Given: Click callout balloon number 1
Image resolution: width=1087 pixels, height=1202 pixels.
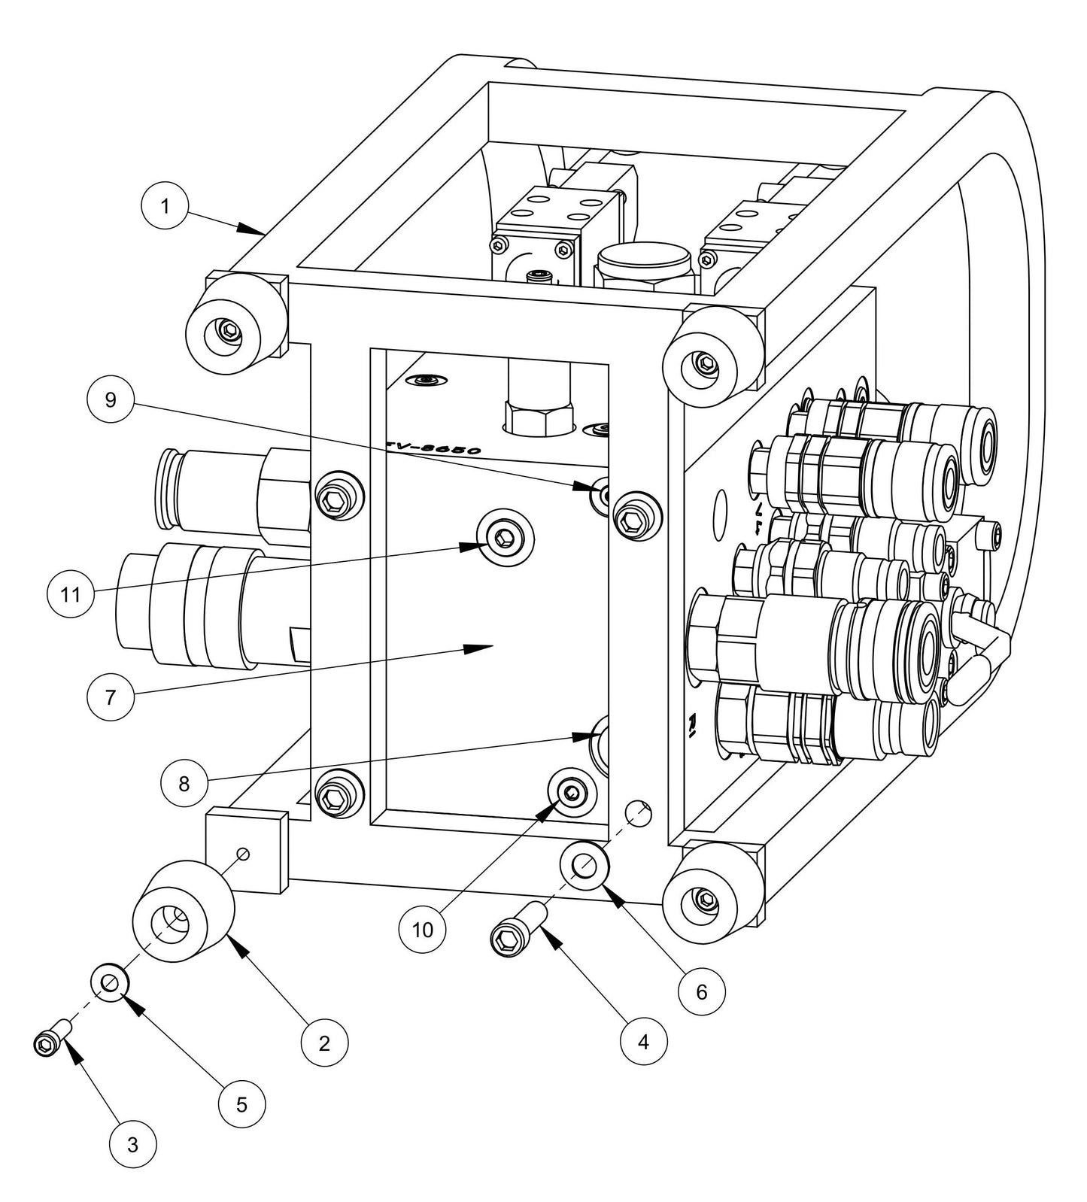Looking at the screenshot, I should (165, 205).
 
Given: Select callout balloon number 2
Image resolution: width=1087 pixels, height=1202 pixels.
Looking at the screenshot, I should (324, 1043).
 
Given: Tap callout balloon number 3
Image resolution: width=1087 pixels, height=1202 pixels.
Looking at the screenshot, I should (132, 1145).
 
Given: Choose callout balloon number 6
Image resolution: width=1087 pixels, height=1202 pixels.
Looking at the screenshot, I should (701, 991).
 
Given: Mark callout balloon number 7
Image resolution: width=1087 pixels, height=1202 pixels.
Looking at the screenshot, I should (110, 697).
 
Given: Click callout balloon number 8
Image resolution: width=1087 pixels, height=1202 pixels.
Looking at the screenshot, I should (184, 784).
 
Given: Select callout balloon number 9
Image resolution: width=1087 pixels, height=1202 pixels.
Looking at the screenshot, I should (111, 399).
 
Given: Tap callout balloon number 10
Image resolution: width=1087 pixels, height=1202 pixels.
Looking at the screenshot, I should (423, 929).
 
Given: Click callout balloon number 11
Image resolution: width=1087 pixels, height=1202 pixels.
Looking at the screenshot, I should (71, 594).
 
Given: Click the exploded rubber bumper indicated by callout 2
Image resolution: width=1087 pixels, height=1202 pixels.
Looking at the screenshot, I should (183, 912).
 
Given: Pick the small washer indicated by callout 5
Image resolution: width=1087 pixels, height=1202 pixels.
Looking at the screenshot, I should (111, 982).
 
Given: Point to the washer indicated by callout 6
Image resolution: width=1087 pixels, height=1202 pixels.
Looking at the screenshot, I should (584, 867).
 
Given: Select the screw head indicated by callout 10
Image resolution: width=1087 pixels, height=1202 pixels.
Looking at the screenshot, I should (572, 792).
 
